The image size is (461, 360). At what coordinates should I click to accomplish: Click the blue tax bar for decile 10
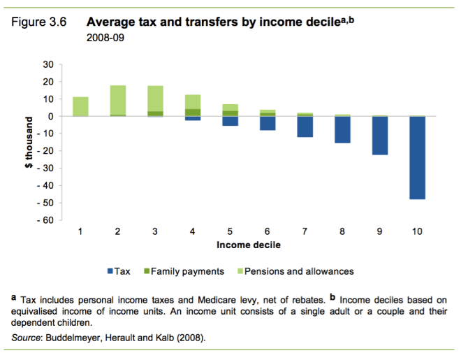click(417, 158)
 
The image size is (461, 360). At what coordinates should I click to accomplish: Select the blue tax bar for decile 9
click(379, 136)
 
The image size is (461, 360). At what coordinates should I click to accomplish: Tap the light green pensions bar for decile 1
click(80, 106)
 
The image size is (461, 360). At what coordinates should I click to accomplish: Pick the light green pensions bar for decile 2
click(118, 100)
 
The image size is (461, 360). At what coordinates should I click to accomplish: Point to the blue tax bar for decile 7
click(305, 127)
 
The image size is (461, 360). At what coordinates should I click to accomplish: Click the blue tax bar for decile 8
click(342, 130)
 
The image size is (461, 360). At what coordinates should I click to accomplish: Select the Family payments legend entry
click(184, 271)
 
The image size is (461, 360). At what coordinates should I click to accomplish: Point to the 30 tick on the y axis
click(49, 64)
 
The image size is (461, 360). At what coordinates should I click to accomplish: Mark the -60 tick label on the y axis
click(45, 220)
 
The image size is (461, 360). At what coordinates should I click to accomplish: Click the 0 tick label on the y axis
click(51, 116)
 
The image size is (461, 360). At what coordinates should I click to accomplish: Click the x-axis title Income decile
click(249, 245)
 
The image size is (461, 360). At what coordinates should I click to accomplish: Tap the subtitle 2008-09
click(105, 36)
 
